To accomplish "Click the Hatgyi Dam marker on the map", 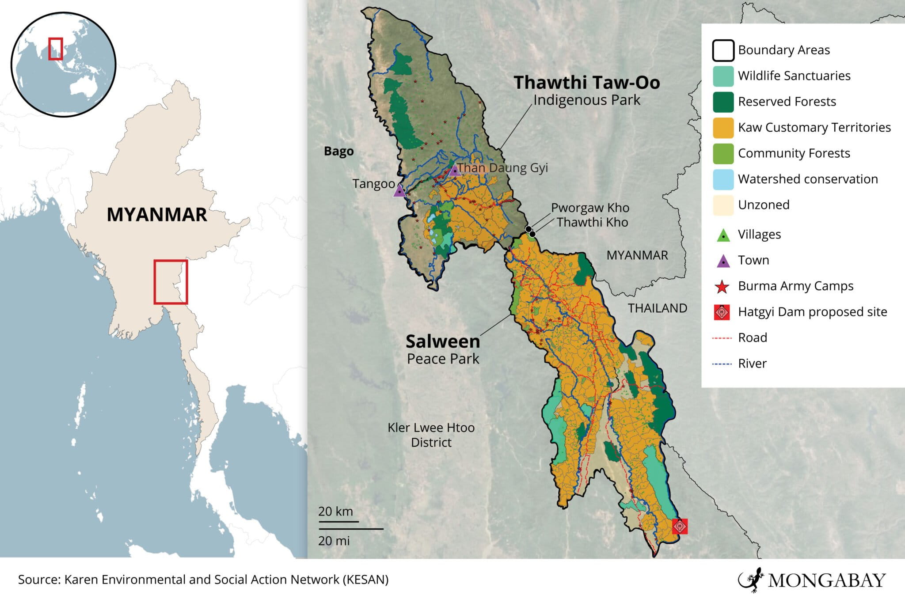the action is click(x=680, y=526).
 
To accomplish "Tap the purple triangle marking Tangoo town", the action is click(x=399, y=191).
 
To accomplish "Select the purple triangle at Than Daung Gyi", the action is click(x=455, y=171).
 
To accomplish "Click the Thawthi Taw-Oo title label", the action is click(x=586, y=83).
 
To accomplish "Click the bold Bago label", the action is click(x=338, y=151).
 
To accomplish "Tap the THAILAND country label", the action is click(x=657, y=308).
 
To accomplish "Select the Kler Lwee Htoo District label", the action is click(x=431, y=435).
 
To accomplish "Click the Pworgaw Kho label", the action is click(x=589, y=208).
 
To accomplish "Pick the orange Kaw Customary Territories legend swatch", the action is click(x=723, y=128).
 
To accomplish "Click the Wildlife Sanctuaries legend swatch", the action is click(x=723, y=76).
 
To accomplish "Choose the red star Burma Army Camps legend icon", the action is click(x=722, y=287).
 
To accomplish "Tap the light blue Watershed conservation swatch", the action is click(x=723, y=179).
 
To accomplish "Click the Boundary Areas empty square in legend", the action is click(x=723, y=50).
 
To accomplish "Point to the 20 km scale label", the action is click(x=335, y=511).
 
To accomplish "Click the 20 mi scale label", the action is click(x=334, y=541).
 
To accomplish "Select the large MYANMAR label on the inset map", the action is click(x=156, y=215).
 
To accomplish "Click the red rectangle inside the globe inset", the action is click(x=55, y=49).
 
